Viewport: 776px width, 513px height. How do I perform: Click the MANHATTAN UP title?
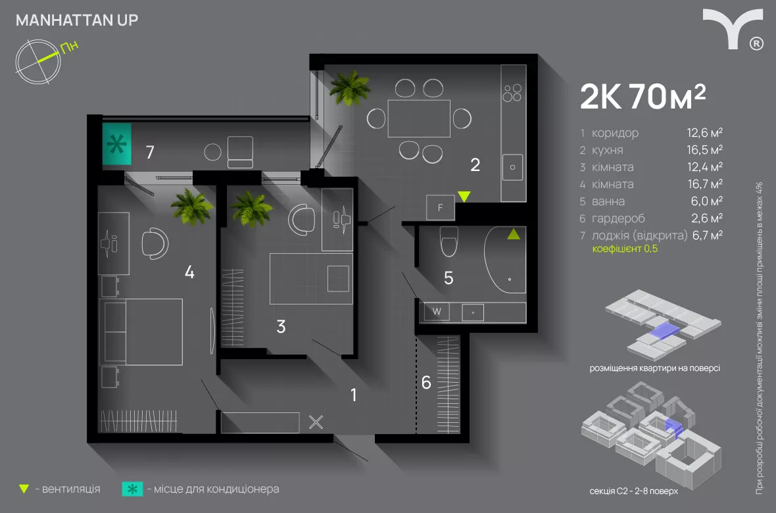click(x=76, y=20)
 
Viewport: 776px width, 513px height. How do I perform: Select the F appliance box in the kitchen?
click(x=440, y=207)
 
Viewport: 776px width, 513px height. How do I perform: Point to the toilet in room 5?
click(x=449, y=241)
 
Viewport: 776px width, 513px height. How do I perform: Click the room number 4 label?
click(x=189, y=272)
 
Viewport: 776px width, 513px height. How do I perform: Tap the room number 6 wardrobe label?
click(x=426, y=382)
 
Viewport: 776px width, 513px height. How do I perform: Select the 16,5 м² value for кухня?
click(x=705, y=150)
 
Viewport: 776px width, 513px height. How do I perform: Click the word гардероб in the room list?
click(x=618, y=218)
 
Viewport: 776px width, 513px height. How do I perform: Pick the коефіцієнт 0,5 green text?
click(x=624, y=249)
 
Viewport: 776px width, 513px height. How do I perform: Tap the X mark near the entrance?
click(x=316, y=422)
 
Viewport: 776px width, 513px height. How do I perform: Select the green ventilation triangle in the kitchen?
click(x=464, y=196)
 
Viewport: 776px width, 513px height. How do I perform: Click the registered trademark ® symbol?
click(x=756, y=43)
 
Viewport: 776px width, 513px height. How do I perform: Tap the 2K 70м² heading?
click(x=643, y=98)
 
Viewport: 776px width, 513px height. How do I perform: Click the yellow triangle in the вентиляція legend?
click(x=24, y=489)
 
